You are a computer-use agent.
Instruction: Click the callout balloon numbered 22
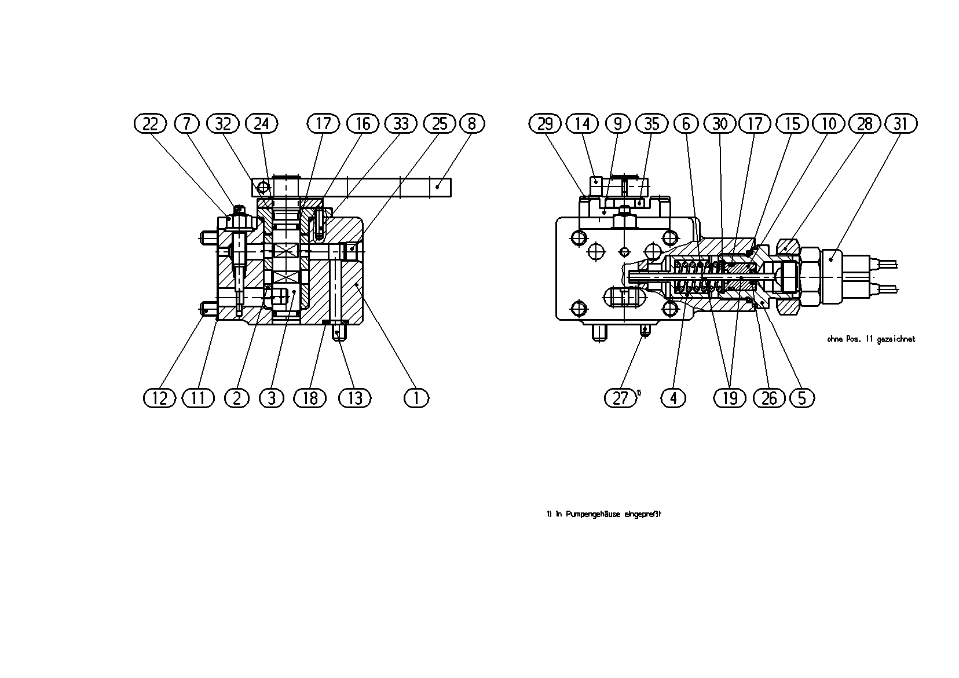click(x=150, y=124)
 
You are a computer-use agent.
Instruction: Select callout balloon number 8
click(x=472, y=124)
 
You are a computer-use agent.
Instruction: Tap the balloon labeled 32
click(x=223, y=124)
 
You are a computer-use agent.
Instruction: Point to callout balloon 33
click(x=401, y=124)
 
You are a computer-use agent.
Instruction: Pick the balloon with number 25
click(x=440, y=124)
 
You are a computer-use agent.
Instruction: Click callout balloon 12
click(x=160, y=398)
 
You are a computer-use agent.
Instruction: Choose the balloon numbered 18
click(x=310, y=398)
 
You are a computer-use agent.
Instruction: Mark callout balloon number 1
click(x=416, y=398)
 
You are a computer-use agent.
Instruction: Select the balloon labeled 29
click(x=545, y=124)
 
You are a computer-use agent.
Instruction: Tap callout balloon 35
click(x=652, y=124)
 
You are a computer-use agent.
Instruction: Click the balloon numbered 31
click(x=901, y=124)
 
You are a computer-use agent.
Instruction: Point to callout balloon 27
click(x=620, y=398)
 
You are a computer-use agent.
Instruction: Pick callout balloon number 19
click(x=730, y=398)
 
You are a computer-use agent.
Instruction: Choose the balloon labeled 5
click(x=802, y=398)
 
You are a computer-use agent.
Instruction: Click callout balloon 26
click(x=769, y=398)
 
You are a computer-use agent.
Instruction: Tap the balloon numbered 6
click(x=686, y=124)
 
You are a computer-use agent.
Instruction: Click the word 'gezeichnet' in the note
click(x=896, y=339)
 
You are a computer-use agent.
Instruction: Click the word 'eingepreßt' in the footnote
click(x=643, y=514)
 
